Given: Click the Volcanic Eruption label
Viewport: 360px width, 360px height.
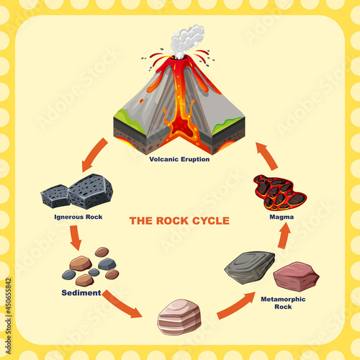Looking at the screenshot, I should point(179,159).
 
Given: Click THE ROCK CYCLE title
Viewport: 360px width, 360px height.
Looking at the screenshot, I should point(179,220).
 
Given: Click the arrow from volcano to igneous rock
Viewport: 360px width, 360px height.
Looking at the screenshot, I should point(95,156).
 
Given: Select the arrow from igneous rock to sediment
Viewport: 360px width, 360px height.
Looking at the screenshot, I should point(75,237).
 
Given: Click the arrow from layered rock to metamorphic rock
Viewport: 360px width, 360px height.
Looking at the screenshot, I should point(235,305).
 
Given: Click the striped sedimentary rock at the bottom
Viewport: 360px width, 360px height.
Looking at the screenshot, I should point(179,317).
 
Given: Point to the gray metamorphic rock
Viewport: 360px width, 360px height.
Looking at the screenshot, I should point(249,266).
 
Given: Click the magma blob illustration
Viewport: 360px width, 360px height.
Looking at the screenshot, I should point(279,192).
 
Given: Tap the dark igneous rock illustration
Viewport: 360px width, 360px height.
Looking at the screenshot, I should point(77,192).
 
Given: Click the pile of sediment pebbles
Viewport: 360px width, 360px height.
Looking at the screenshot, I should point(90,267).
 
